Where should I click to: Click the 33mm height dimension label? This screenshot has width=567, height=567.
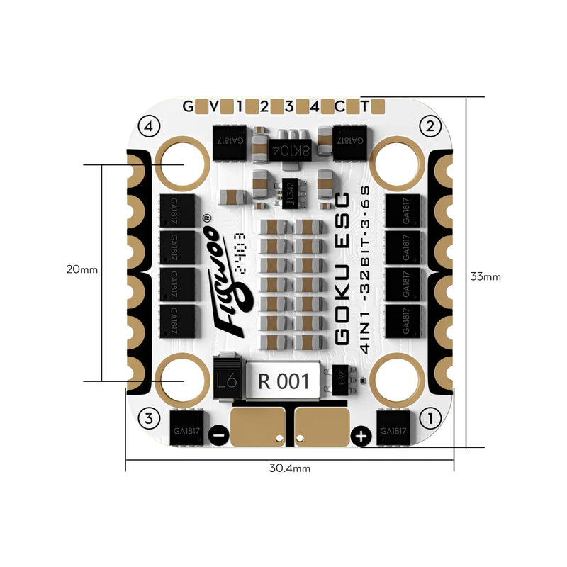[x=485, y=276]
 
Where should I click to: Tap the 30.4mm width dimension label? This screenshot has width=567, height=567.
[x=289, y=468]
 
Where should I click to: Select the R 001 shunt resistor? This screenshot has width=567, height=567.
[x=284, y=381]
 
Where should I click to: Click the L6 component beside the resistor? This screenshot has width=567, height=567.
[x=226, y=381]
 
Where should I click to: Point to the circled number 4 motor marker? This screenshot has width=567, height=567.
[x=148, y=127]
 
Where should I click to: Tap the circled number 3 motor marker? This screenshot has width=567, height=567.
[x=148, y=418]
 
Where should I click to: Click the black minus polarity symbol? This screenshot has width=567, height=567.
[x=220, y=436]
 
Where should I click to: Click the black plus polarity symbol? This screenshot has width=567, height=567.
[x=361, y=436]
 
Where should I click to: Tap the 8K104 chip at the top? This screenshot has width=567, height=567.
[x=290, y=147]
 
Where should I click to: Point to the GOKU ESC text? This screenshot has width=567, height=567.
[x=341, y=269]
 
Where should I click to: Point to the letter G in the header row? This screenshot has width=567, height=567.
[x=188, y=107]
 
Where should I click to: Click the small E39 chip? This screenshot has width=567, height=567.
[x=342, y=381]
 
